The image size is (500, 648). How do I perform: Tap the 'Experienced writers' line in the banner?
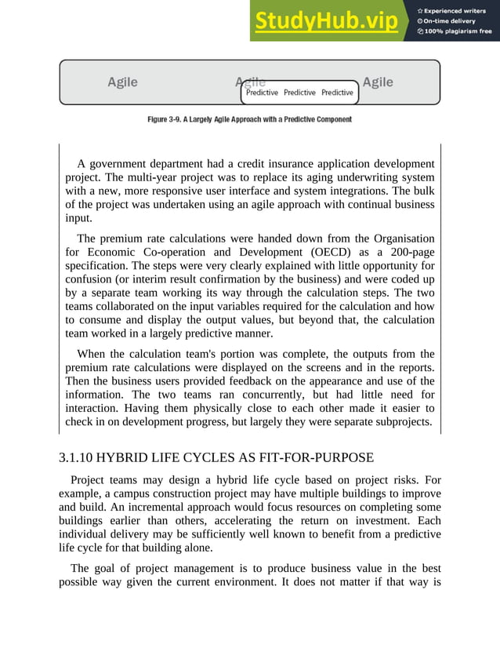coord(455,10)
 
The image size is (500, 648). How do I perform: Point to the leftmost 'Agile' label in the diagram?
coord(122,82)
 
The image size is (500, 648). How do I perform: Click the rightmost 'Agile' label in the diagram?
coord(378,82)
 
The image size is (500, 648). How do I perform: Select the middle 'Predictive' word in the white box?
coord(299,93)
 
